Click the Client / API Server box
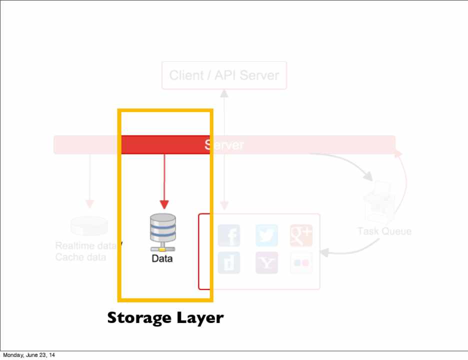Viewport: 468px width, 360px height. click(224, 75)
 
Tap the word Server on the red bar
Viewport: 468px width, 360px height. click(224, 145)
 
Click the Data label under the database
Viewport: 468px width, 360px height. click(162, 258)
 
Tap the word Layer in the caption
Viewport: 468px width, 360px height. click(198, 317)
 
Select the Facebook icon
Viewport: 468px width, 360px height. click(229, 235)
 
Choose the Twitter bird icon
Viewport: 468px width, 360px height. click(266, 235)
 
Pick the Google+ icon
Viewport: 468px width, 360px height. click(301, 235)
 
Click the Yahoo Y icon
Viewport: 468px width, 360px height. click(266, 263)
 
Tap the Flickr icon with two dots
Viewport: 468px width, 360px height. click(301, 263)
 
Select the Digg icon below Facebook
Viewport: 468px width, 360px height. click(229, 263)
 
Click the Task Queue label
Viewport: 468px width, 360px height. click(384, 231)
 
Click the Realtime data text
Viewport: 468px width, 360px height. click(85, 246)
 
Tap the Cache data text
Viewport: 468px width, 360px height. click(80, 257)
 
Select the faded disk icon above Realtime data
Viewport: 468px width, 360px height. click(89, 225)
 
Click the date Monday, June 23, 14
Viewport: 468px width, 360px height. click(28, 355)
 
